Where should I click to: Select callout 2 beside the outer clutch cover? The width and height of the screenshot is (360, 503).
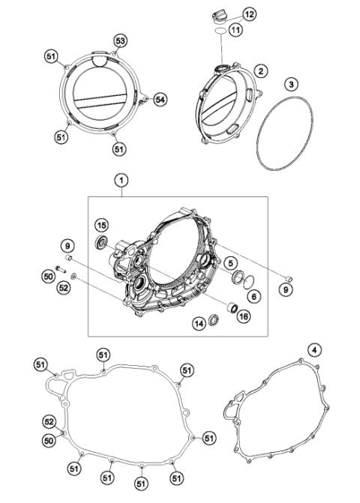click(x=261, y=71)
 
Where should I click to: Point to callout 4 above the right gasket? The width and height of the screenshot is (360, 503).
click(x=315, y=349)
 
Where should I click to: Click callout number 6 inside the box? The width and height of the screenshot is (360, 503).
click(x=254, y=297)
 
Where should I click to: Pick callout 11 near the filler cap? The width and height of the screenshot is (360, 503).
click(x=236, y=30)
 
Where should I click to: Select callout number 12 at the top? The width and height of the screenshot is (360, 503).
click(x=249, y=13)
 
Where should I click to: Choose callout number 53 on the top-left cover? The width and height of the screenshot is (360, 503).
click(x=120, y=40)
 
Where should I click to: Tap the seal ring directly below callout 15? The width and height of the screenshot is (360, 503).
click(x=100, y=242)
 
